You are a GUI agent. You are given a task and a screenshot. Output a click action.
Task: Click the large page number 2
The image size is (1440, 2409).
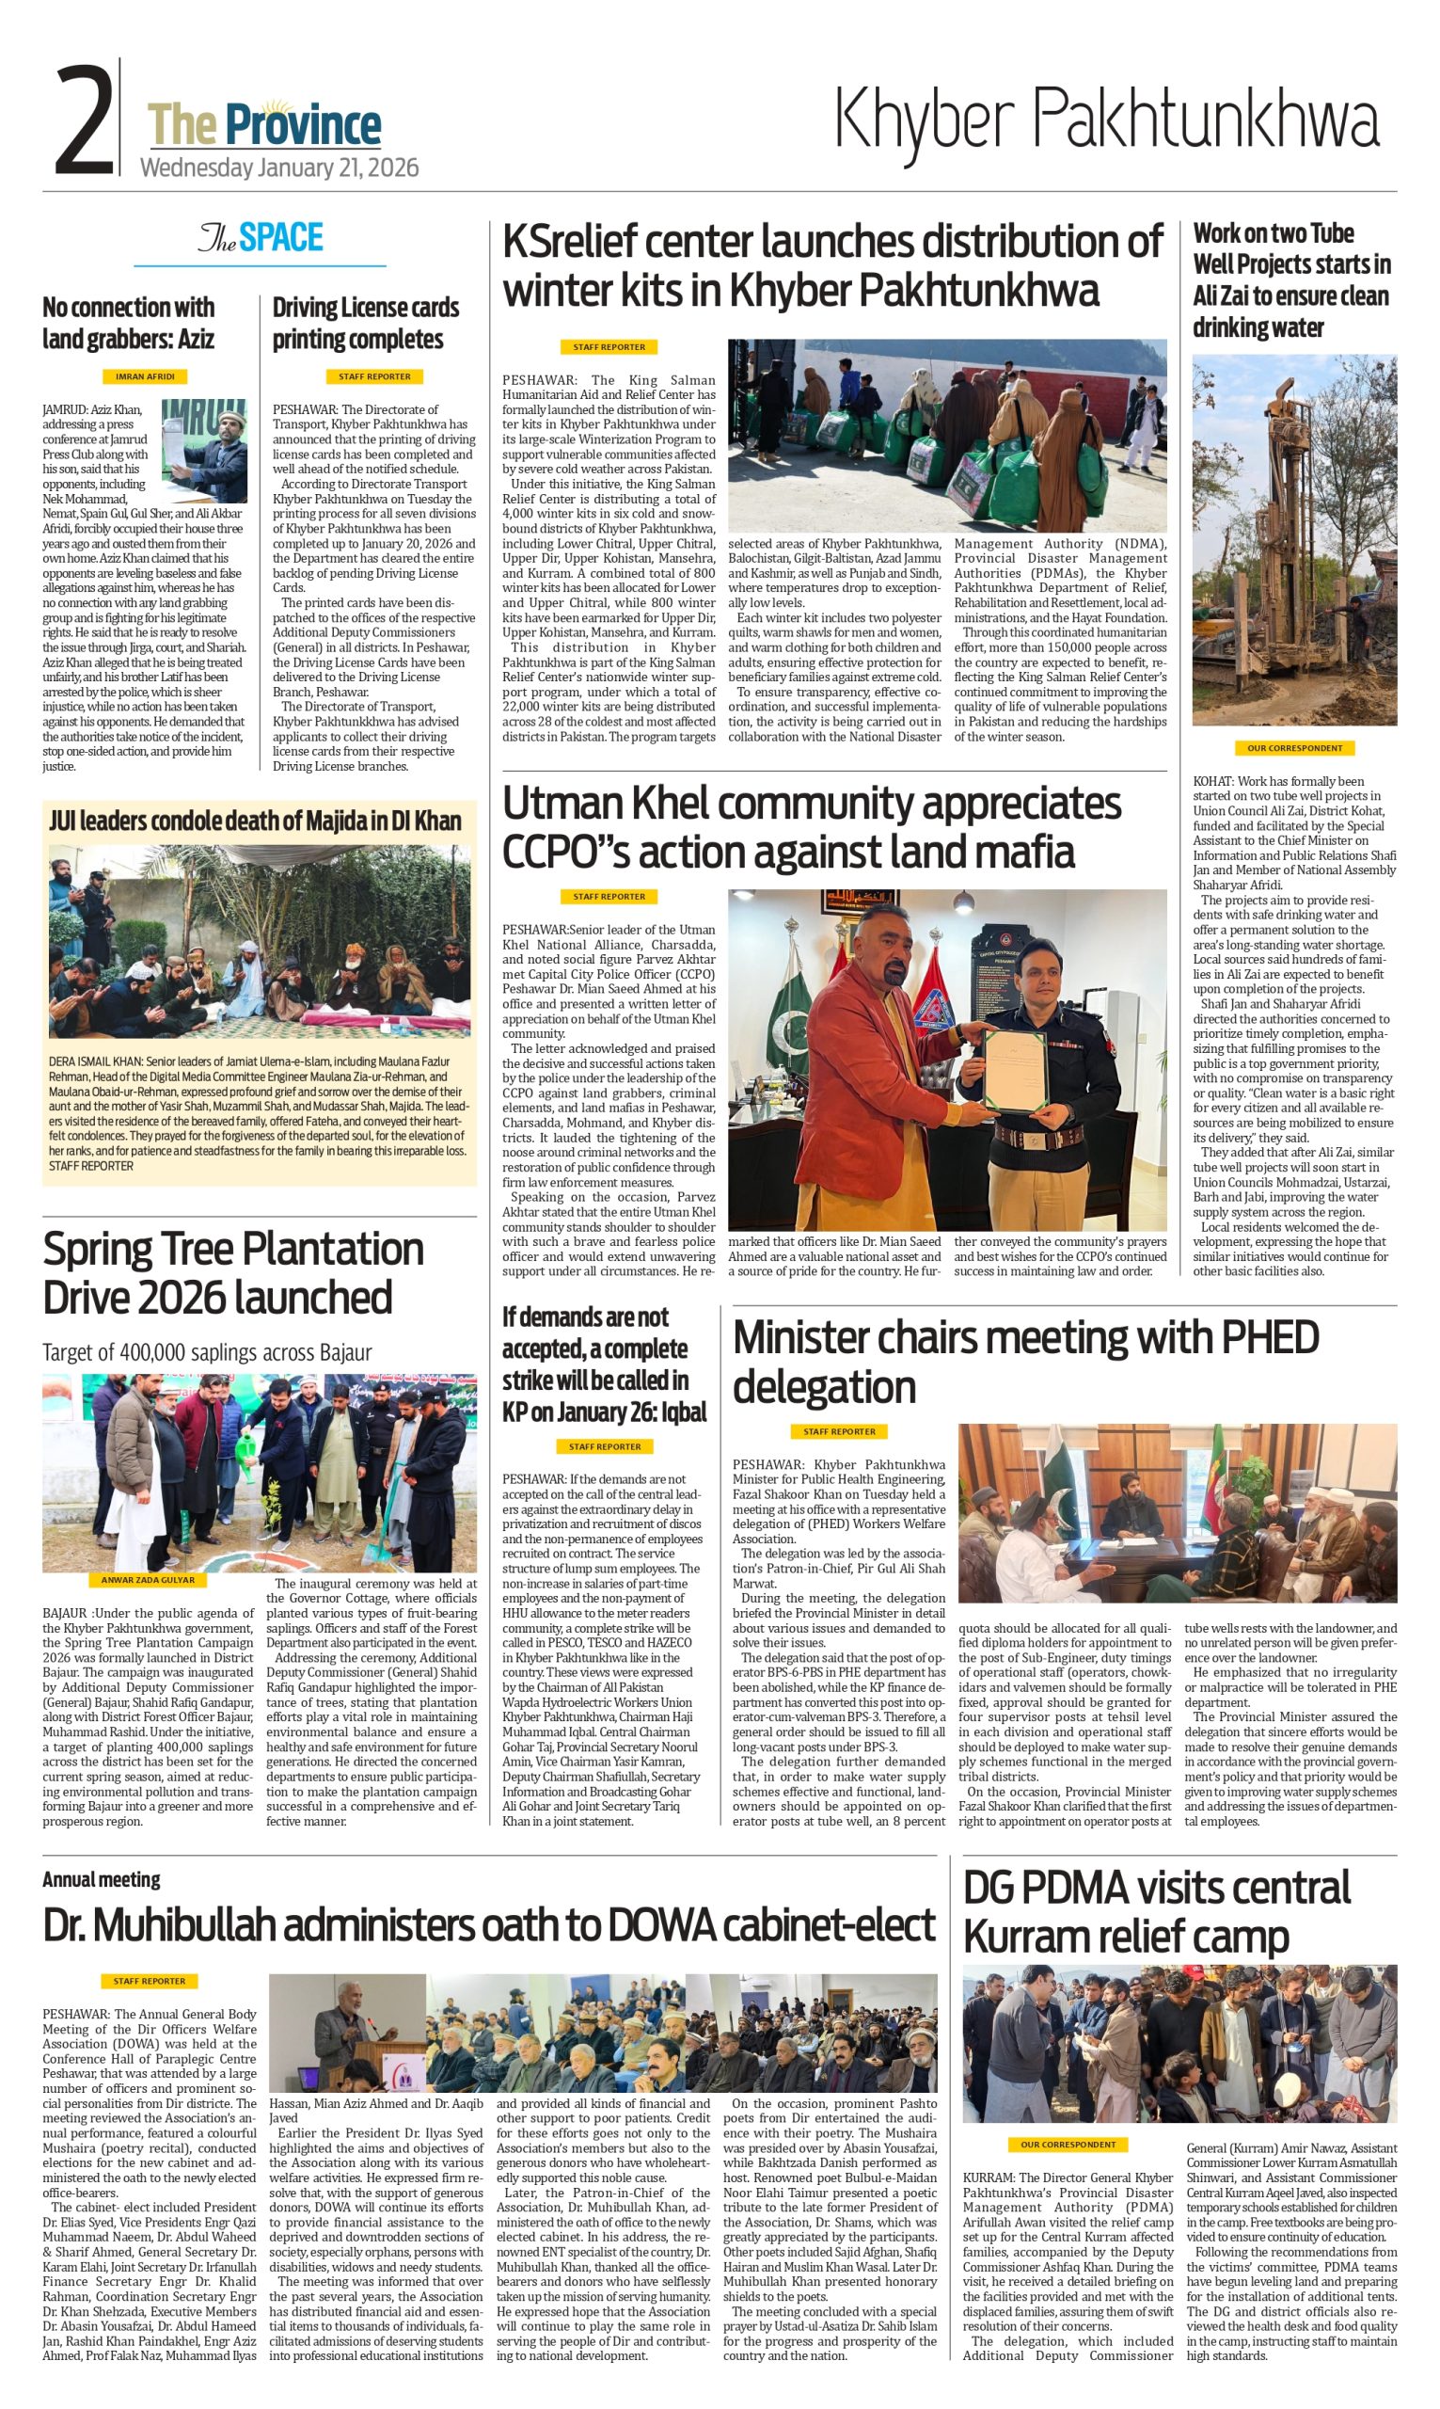(85, 120)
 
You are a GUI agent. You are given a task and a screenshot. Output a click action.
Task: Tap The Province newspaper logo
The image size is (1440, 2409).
(264, 126)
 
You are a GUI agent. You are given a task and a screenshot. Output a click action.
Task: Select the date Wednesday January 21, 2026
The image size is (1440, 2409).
(279, 168)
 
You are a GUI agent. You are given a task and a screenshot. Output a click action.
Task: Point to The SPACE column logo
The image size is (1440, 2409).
(260, 238)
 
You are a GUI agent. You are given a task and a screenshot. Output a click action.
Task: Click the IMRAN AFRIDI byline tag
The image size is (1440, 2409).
(145, 376)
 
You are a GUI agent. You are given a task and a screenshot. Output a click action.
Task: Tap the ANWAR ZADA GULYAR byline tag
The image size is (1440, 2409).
(148, 1580)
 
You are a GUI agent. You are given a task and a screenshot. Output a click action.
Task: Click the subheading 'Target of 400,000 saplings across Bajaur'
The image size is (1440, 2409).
(207, 1352)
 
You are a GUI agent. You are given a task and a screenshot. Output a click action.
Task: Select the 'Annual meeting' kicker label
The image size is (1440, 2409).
(101, 1879)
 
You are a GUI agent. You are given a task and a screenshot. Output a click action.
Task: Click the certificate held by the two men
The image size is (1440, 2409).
(1014, 1068)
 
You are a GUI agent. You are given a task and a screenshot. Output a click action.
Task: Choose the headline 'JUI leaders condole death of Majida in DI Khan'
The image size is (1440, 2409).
(255, 822)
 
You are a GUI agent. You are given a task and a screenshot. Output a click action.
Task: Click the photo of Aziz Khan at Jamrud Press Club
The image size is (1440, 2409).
(204, 450)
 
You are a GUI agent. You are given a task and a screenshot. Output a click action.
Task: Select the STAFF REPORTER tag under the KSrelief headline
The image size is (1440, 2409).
(609, 346)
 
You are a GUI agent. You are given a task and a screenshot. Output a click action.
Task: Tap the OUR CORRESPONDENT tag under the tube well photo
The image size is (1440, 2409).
(1294, 748)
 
